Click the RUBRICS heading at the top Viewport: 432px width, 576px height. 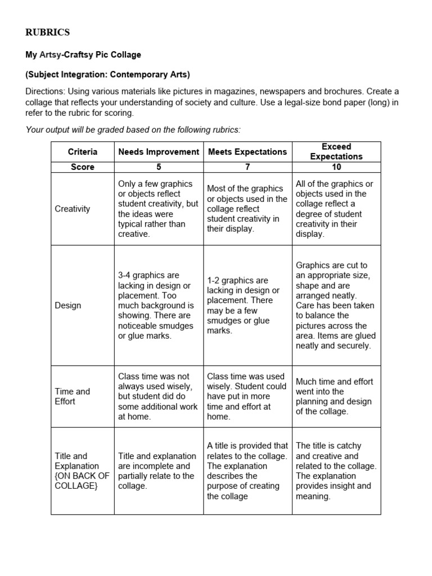[x=48, y=33]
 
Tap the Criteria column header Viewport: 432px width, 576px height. [x=82, y=151]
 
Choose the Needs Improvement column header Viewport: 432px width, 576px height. [x=158, y=151]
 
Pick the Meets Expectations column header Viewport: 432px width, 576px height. [x=247, y=151]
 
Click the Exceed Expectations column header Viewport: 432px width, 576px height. [x=336, y=151]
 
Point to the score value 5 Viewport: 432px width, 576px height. [x=158, y=167]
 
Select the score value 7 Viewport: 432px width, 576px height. [x=247, y=167]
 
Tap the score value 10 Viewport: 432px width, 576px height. [x=336, y=167]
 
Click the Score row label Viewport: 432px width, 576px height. [x=82, y=167]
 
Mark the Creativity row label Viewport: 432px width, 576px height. [x=72, y=209]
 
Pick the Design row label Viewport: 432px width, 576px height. [x=67, y=305]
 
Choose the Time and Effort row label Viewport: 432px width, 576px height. [x=72, y=397]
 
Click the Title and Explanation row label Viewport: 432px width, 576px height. [x=81, y=471]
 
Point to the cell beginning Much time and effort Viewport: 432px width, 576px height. [x=334, y=397]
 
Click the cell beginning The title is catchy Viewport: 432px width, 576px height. [x=336, y=471]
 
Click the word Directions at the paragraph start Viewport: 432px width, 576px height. [x=44, y=92]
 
